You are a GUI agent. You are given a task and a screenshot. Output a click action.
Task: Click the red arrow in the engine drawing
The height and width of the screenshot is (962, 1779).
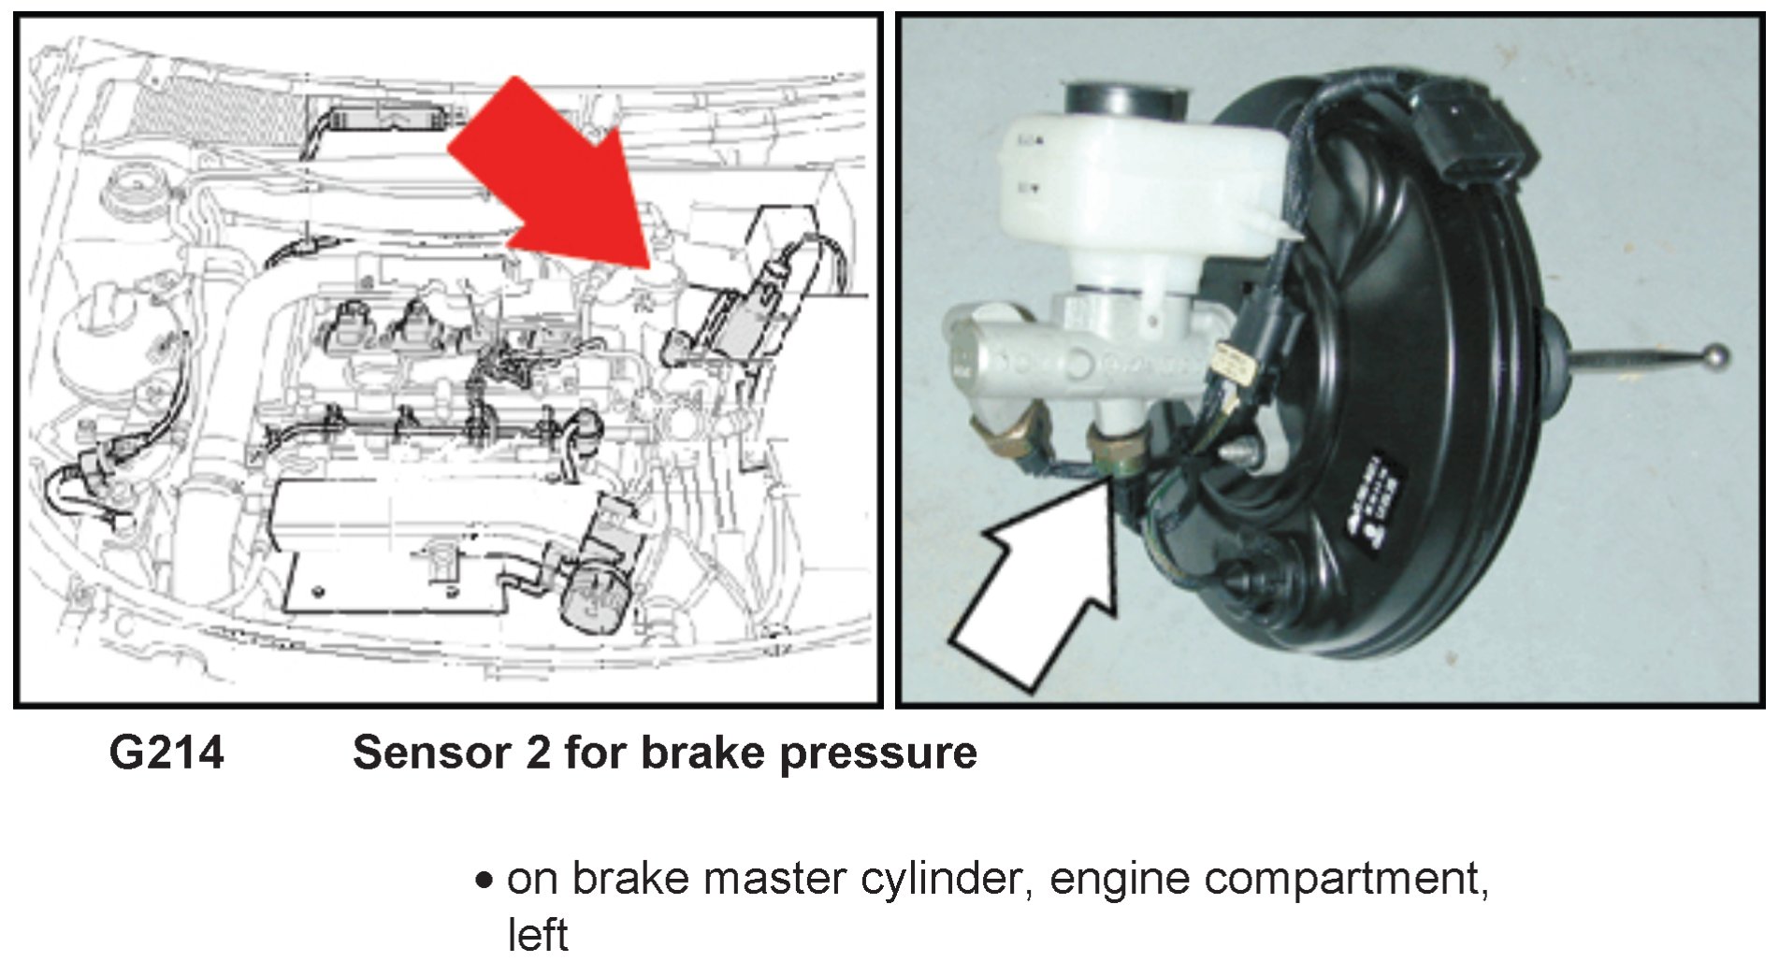[552, 173]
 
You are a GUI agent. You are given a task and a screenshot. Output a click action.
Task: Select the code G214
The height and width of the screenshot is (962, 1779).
[166, 754]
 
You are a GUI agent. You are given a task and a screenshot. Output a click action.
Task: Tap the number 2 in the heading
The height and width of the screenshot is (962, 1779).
[538, 754]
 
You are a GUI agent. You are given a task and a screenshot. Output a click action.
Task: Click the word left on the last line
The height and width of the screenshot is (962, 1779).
[537, 935]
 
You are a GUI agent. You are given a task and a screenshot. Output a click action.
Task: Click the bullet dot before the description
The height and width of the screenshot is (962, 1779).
[484, 881]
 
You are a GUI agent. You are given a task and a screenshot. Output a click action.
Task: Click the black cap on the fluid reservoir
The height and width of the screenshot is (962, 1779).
[1125, 98]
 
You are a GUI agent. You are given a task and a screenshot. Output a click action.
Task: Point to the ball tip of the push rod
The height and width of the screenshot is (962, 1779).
[1714, 356]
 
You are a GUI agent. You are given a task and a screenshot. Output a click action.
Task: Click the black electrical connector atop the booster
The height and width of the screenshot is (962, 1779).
[1472, 136]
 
